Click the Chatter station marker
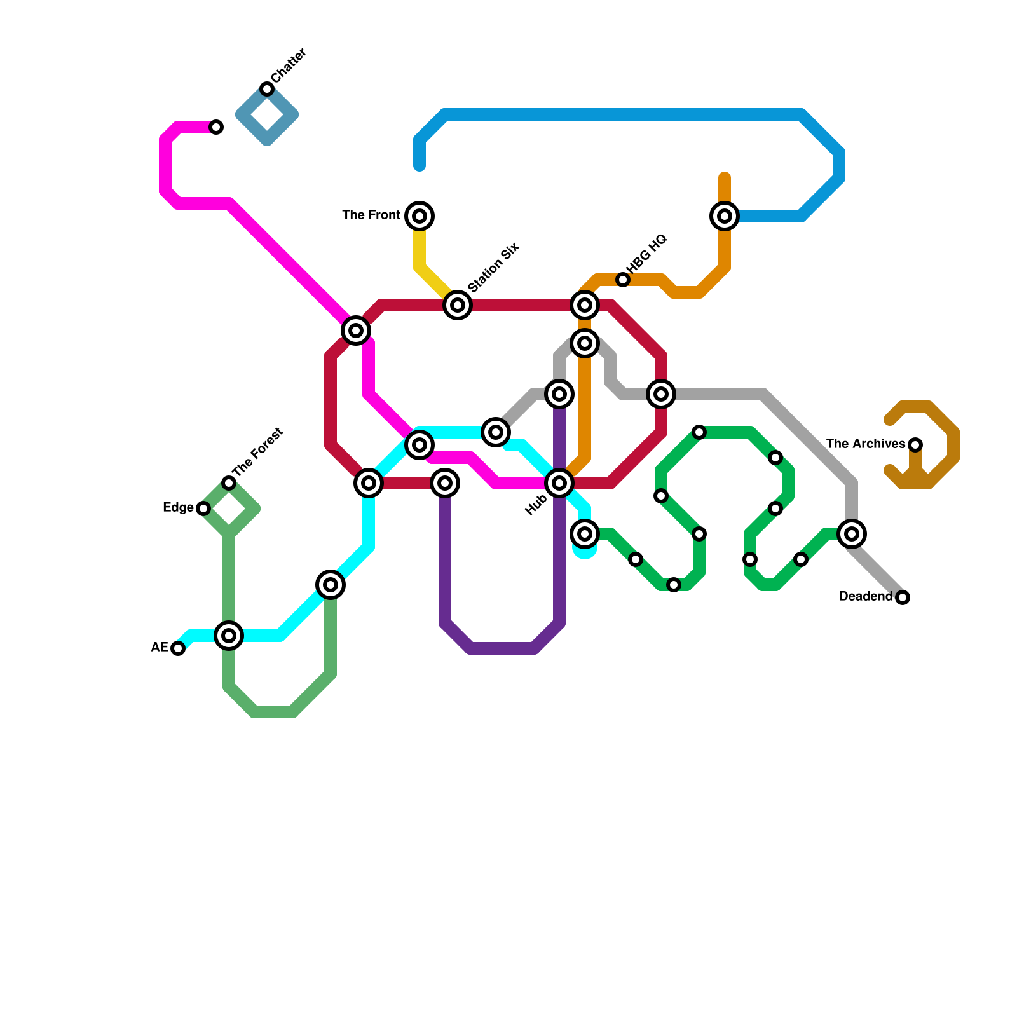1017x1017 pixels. (267, 89)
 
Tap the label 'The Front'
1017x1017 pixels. (371, 215)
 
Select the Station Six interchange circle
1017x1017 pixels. (458, 305)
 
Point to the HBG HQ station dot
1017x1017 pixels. (623, 280)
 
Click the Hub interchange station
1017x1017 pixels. (559, 483)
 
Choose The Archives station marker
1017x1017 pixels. (915, 444)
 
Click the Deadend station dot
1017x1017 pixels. (903, 597)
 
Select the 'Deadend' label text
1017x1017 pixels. (866, 597)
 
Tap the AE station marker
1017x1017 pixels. (178, 648)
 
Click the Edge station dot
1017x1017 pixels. (203, 508)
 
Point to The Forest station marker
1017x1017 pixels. (229, 483)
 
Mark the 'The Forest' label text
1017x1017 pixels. (258, 453)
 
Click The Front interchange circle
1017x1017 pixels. (420, 216)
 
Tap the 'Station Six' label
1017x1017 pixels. (494, 268)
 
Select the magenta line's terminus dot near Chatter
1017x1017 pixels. (216, 127)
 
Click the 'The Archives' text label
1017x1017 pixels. (866, 444)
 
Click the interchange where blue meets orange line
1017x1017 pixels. (725, 216)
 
